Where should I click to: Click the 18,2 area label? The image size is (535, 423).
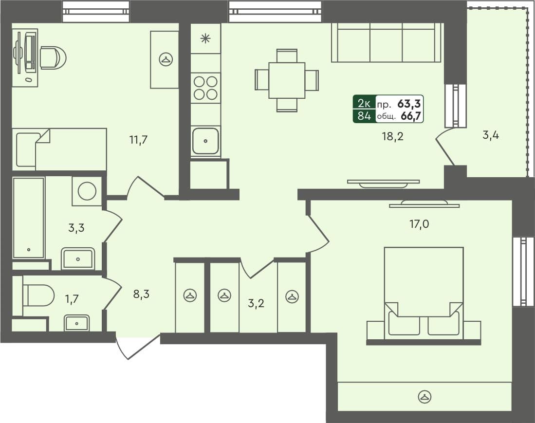(x=393, y=136)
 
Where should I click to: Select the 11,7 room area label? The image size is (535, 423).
(x=138, y=140)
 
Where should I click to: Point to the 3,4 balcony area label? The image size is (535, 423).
(x=491, y=135)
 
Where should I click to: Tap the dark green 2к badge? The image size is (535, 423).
(x=364, y=103)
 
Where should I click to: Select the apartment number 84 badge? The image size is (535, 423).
(x=364, y=116)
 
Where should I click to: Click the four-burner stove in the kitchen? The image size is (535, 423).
(x=205, y=88)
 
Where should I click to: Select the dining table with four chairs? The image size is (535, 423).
(x=287, y=80)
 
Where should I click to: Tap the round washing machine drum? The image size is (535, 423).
(x=87, y=190)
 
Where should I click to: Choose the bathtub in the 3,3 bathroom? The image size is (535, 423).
(x=29, y=218)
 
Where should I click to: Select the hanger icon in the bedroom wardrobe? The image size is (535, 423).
(x=425, y=397)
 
